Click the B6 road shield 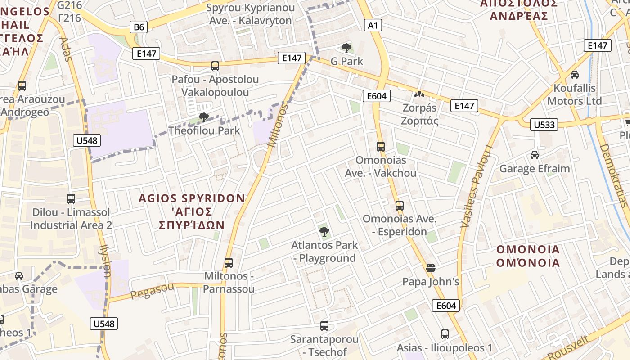[x=139, y=27]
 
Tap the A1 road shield [x=373, y=25]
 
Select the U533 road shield [x=544, y=125]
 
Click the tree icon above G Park [x=346, y=48]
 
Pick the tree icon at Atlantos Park [x=324, y=232]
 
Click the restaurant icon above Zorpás [x=419, y=95]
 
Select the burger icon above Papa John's [x=431, y=269]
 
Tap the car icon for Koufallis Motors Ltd [x=575, y=75]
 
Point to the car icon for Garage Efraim [x=535, y=155]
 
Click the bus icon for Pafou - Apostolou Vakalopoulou [x=215, y=66]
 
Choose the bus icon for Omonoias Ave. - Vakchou [x=381, y=146]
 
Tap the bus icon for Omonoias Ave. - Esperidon [x=400, y=206]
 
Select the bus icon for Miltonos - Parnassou [x=229, y=262]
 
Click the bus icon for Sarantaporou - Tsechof [x=324, y=325]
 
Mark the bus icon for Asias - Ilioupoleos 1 [x=445, y=334]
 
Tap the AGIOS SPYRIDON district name [x=192, y=198]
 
